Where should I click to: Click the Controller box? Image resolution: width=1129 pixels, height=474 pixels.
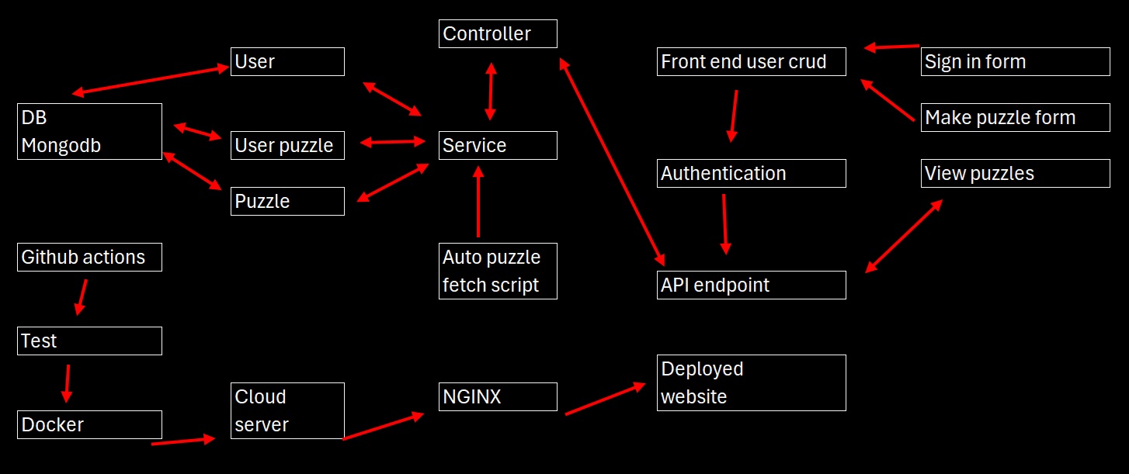498,34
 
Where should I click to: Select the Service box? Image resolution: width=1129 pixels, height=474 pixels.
498,145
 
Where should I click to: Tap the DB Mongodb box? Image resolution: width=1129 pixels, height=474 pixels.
89,131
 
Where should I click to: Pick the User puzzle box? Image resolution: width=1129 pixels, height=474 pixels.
287,145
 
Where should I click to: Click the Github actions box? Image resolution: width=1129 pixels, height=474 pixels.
89,257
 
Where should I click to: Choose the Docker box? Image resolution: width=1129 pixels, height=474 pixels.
89,424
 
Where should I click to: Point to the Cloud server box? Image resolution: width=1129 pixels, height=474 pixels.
287,410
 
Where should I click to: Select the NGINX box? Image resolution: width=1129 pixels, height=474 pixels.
498,396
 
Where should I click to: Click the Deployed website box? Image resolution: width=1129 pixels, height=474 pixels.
751,382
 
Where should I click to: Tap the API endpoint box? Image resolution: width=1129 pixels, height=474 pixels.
751,285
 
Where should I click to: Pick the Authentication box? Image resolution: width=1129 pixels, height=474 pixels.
751,173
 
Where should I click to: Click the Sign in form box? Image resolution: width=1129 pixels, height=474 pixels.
1016,61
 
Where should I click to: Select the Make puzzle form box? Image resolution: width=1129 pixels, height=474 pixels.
1016,117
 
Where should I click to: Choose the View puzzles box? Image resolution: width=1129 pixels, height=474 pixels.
1016,173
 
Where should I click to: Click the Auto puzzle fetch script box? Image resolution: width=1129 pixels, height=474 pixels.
498,271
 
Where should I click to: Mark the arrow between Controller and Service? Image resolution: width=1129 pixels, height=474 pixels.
490,91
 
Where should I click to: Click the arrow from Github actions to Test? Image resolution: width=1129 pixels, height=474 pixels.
82,297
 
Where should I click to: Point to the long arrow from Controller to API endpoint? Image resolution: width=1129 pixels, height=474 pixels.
611,162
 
